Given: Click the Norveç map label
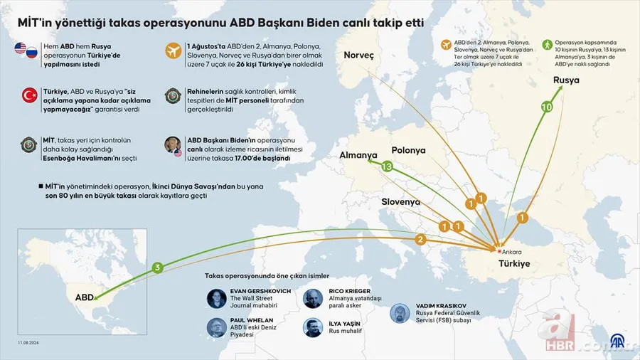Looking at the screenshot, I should [x=358, y=55].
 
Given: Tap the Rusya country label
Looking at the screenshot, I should [x=566, y=80].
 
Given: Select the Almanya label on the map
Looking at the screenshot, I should [x=358, y=155].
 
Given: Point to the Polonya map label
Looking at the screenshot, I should [x=408, y=151].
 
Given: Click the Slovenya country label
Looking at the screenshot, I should [x=401, y=201].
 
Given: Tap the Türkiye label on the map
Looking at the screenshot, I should [x=508, y=263].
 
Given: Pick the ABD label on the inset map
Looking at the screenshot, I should [x=84, y=297].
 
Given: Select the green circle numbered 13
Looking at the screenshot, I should [x=388, y=167].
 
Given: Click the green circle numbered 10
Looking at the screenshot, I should [x=547, y=107].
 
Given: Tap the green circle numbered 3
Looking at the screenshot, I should [x=158, y=268].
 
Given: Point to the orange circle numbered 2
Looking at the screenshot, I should [x=420, y=240].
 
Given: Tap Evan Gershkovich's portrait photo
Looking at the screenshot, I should [x=217, y=298].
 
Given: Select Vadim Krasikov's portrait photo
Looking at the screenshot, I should [x=400, y=313].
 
